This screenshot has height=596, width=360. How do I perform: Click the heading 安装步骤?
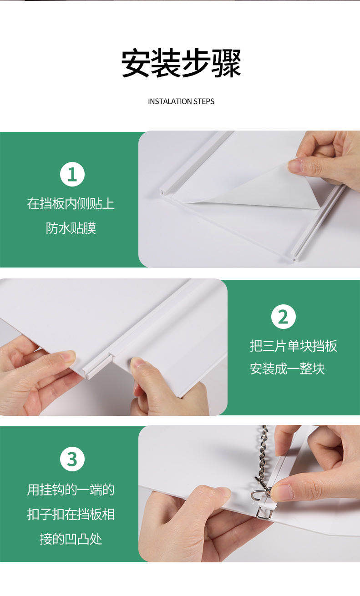[181, 63]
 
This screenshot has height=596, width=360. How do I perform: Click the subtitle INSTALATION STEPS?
[181, 101]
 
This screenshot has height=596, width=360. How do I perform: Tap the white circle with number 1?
[72, 174]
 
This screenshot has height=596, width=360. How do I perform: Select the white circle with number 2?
[284, 317]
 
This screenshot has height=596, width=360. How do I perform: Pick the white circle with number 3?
[72, 460]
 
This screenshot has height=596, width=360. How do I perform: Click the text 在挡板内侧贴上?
[71, 204]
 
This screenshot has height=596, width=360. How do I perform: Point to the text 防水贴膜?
[71, 228]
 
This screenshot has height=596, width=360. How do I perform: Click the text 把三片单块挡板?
[294, 346]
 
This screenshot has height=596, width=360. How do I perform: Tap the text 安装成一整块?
[287, 369]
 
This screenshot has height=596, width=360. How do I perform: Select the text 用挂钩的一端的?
[71, 490]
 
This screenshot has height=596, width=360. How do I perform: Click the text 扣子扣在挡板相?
[71, 514]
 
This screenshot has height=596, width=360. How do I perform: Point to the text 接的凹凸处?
[71, 539]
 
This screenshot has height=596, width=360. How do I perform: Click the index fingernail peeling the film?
[295, 166]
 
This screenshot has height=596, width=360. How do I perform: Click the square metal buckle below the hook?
[264, 512]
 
